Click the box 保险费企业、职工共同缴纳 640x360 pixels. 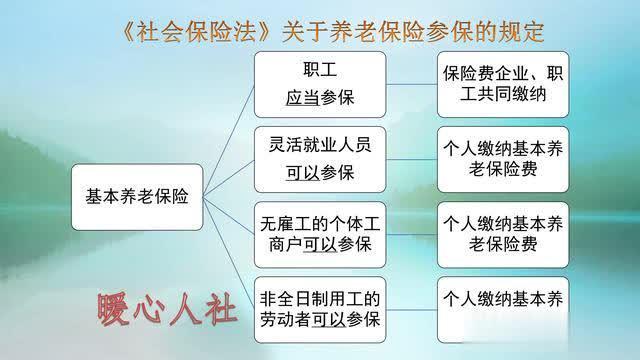[503, 85]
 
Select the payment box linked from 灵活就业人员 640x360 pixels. [503, 157]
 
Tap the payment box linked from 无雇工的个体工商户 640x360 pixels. [503, 231]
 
